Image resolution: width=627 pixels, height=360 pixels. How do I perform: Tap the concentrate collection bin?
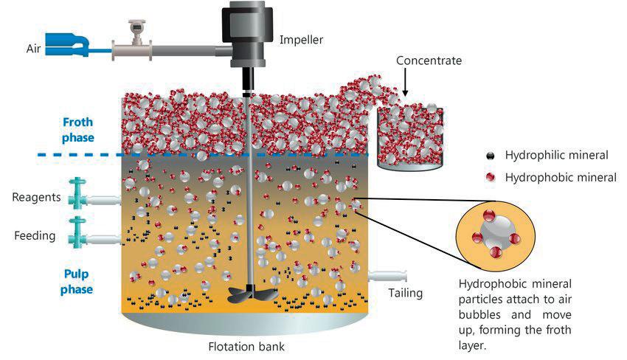(410, 140)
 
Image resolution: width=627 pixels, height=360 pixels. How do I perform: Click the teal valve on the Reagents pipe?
(77, 193)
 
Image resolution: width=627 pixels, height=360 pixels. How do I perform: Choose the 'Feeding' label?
(35, 236)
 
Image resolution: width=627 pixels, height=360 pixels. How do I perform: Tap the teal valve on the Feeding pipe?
(77, 231)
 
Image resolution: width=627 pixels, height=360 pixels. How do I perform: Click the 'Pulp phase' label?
(77, 281)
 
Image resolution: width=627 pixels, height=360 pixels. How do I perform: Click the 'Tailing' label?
(406, 293)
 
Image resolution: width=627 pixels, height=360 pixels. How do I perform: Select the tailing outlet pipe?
(388, 275)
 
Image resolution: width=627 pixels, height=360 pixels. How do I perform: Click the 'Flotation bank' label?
(246, 345)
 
